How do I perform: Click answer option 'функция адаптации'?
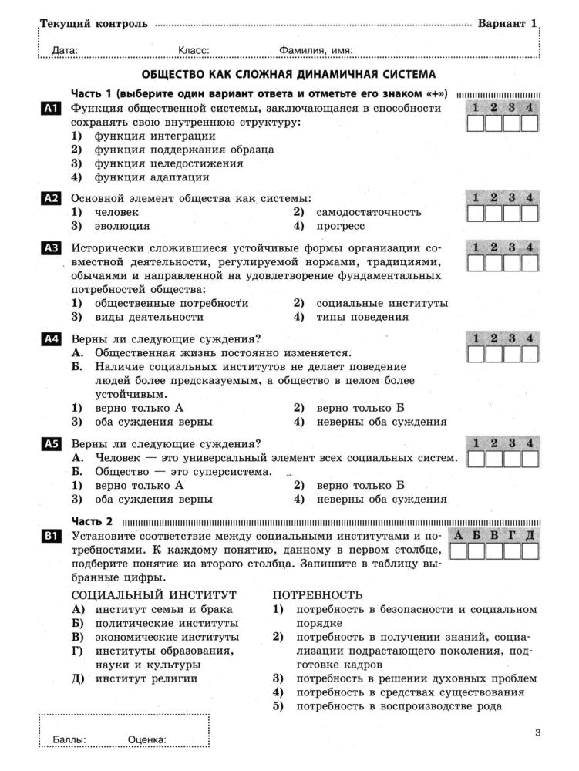(141, 177)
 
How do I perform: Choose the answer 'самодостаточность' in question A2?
(368, 212)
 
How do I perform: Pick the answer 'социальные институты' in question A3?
(381, 303)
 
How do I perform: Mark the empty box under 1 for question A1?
(476, 123)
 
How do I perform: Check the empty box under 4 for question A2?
(530, 215)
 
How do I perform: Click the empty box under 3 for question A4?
(512, 355)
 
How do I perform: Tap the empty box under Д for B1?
(530, 552)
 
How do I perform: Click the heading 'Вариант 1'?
(507, 24)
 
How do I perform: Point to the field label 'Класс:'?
(194, 51)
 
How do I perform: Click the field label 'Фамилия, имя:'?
(316, 51)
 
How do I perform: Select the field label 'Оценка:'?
(147, 740)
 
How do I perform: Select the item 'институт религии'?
(146, 678)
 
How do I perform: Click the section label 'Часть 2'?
(92, 520)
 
